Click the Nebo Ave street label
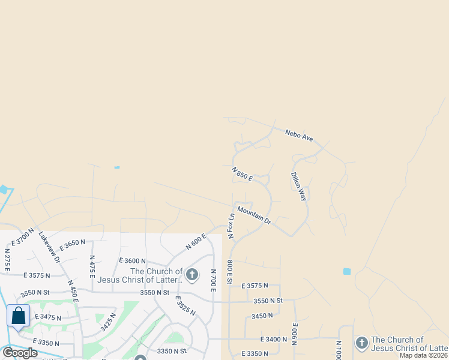click(x=299, y=135)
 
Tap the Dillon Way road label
click(x=299, y=187)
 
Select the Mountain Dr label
click(x=254, y=215)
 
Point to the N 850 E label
click(x=243, y=175)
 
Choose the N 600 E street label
click(x=196, y=241)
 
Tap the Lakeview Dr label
click(x=49, y=247)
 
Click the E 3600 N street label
click(x=133, y=260)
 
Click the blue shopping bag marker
click(x=19, y=316)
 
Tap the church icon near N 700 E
click(x=192, y=275)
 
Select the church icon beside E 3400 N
click(x=361, y=343)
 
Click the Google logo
click(x=20, y=352)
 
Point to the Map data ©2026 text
click(x=424, y=355)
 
